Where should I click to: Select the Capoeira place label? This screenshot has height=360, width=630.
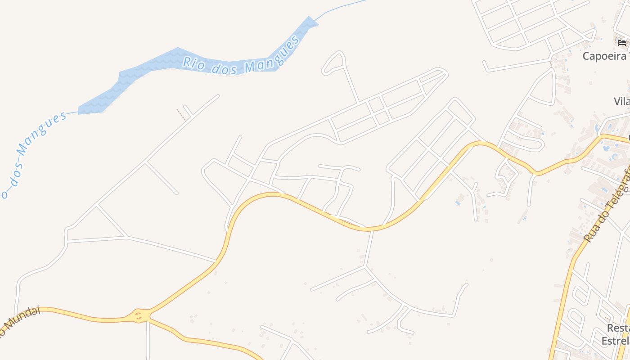pyautogui.click(x=604, y=56)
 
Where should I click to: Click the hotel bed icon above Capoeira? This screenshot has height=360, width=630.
pyautogui.click(x=622, y=43)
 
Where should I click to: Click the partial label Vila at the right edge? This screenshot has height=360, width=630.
pyautogui.click(x=622, y=101)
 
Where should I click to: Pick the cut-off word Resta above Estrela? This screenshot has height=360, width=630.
pyautogui.click(x=618, y=328)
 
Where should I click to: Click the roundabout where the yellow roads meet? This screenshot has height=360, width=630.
pyautogui.click(x=140, y=315)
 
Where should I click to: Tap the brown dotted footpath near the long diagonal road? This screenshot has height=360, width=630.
pyautogui.click(x=181, y=114)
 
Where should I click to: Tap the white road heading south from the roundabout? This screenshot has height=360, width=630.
pyautogui.click(x=148, y=342)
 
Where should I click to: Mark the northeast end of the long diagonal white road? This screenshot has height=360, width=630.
pyautogui.click(x=218, y=95)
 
